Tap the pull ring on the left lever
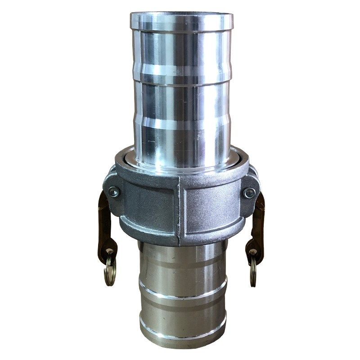pyautogui.click(x=109, y=272)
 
